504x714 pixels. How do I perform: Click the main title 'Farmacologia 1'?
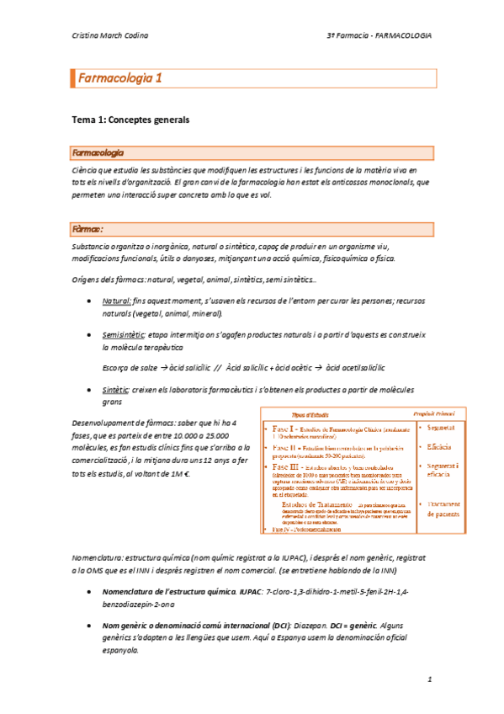tap(119, 79)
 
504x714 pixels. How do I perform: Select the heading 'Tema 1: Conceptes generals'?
tap(130, 120)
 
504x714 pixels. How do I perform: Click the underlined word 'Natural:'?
tap(116, 301)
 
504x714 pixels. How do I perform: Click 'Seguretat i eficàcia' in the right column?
tap(442, 470)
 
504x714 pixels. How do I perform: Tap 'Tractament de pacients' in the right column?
tap(442, 509)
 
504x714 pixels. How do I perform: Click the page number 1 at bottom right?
tap(428, 678)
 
